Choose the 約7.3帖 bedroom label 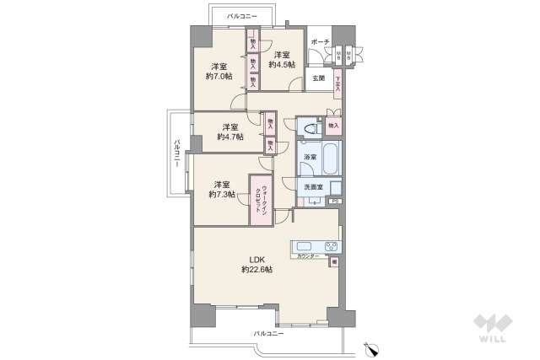(221, 189)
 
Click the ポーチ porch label (320, 41)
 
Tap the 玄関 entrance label (318, 78)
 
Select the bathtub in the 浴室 (327, 156)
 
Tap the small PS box (334, 201)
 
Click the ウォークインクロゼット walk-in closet (259, 200)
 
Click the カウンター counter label (308, 256)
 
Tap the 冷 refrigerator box (334, 262)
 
